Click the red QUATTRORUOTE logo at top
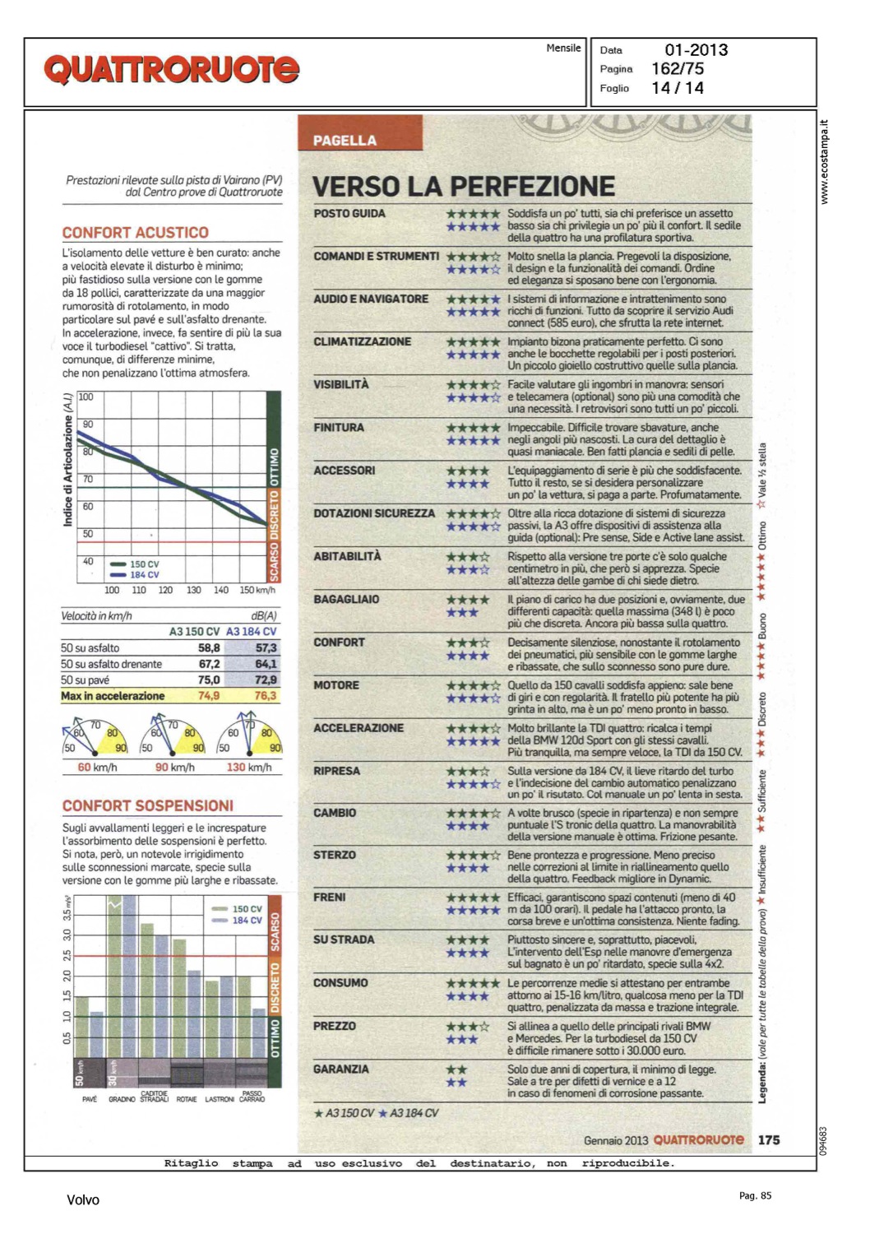[171, 70]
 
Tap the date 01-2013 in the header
[696, 50]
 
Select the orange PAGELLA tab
[345, 140]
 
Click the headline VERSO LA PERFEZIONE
[464, 187]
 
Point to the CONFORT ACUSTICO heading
[136, 233]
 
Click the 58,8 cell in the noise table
[209, 648]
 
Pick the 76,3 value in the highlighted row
[266, 696]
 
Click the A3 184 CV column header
[252, 632]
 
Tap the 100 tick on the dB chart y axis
[86, 397]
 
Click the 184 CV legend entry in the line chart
[144, 575]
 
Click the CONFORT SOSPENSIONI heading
[148, 806]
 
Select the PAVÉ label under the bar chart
[90, 1099]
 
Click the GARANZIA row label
[341, 1069]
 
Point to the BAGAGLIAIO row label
[346, 600]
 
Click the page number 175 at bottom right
[769, 1140]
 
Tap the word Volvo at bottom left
[83, 1200]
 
